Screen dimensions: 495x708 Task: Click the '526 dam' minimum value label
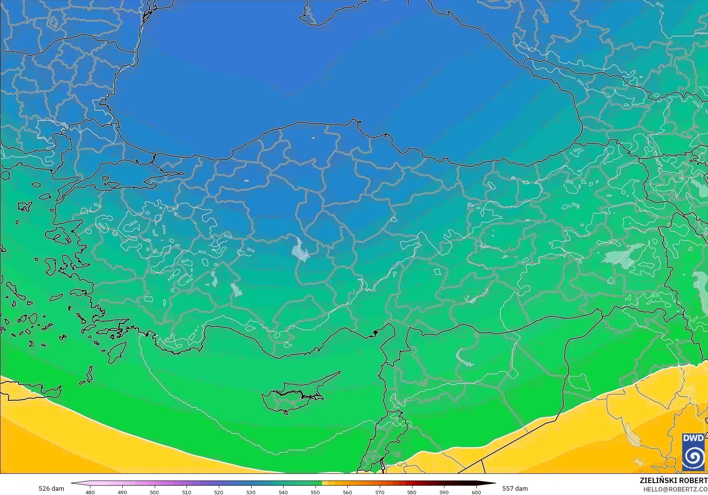(x=51, y=488)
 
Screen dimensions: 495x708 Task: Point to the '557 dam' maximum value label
(x=515, y=488)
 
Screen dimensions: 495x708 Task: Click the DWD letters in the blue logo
(x=693, y=438)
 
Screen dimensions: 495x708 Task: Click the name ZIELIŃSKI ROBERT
(x=673, y=480)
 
